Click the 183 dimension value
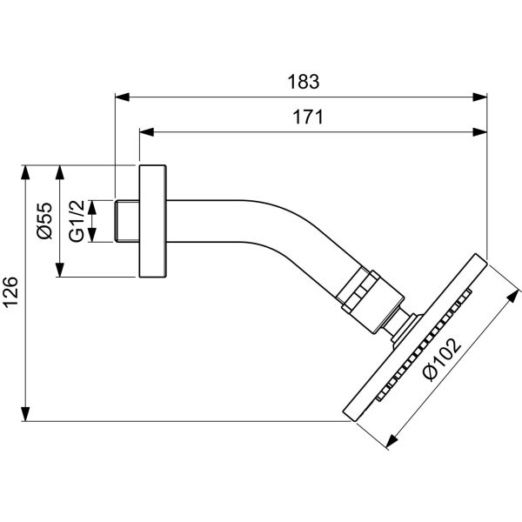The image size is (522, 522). tap(304, 84)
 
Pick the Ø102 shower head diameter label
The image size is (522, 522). tap(440, 358)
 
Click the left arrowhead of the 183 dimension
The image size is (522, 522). tap(123, 97)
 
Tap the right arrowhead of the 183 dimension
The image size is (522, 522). tap(479, 97)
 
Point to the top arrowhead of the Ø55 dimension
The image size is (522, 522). tap(59, 171)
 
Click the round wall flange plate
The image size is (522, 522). tap(153, 221)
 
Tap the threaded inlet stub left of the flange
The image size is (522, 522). tap(127, 221)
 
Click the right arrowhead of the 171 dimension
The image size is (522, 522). tap(479, 133)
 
